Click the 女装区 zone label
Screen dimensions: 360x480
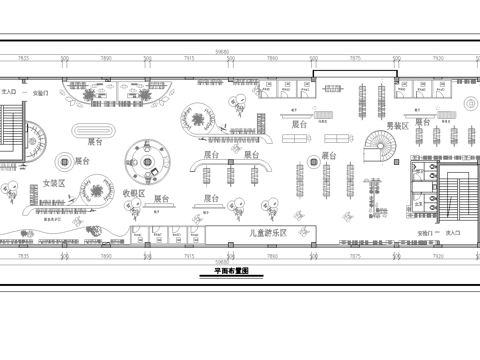(53, 184)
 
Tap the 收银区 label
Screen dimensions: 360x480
(134, 192)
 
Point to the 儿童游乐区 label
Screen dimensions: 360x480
(268, 232)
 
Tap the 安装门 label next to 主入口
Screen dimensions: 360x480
(41, 91)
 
